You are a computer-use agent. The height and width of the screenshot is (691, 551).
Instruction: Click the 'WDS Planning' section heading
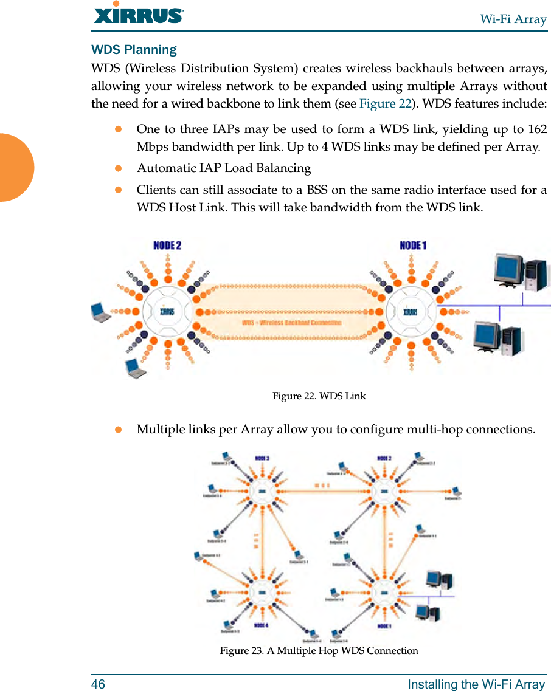tap(134, 50)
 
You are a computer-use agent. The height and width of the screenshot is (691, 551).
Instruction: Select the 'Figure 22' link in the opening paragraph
tap(385, 103)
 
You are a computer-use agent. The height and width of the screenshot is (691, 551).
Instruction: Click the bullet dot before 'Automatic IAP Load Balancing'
tap(119, 168)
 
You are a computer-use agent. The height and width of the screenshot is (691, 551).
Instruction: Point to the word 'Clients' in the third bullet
tap(156, 190)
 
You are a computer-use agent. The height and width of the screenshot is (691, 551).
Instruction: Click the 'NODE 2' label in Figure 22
tap(167, 246)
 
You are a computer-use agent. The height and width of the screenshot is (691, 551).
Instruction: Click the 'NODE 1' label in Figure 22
tap(413, 246)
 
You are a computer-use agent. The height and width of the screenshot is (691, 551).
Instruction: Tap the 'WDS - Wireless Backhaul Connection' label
tap(291, 323)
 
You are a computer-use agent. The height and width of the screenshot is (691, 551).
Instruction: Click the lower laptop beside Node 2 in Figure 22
tap(136, 368)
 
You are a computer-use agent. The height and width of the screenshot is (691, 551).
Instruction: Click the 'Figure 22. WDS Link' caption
tap(319, 396)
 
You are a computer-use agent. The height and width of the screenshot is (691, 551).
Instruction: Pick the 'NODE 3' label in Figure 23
tap(262, 458)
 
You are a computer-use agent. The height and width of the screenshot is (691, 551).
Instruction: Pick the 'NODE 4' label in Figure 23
tap(262, 625)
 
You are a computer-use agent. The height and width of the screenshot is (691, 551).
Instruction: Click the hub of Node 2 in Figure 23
tap(384, 491)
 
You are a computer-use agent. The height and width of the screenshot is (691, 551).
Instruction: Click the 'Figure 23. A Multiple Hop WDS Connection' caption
tap(319, 651)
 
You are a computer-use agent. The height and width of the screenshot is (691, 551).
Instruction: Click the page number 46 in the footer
tap(98, 684)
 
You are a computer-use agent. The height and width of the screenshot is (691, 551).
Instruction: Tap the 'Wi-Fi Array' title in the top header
tap(513, 19)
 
